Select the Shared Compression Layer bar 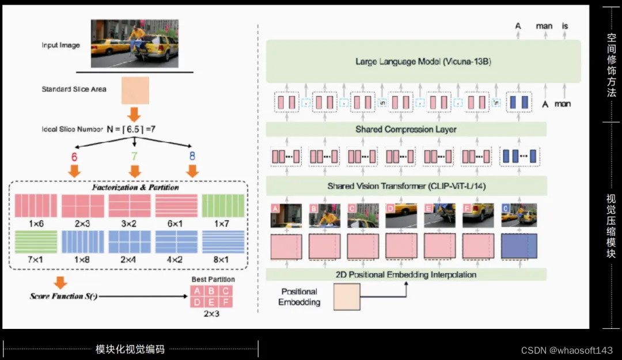tap(406, 130)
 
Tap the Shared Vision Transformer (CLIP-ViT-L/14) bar tap(406, 186)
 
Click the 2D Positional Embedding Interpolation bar tap(406, 275)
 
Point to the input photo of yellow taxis tap(135, 44)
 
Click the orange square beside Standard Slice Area tap(135, 90)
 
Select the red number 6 tap(74, 156)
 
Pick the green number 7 tap(135, 156)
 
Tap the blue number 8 tap(192, 156)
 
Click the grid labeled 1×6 tap(35, 205)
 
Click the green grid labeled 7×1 tap(35, 242)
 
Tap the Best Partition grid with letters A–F tap(213, 296)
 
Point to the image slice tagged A tap(286, 215)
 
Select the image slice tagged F tap(479, 215)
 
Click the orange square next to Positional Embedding tap(346, 297)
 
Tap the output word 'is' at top tap(565, 26)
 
